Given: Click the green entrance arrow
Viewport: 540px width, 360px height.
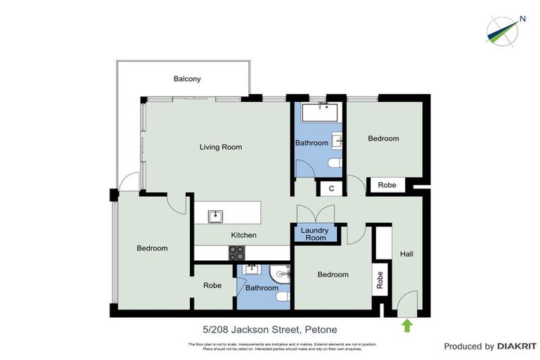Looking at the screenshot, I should click(406, 325).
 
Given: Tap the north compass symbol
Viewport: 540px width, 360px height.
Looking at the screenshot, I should click(503, 29).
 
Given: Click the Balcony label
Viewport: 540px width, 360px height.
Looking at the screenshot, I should click(187, 79).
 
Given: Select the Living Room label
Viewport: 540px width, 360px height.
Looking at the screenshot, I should click(221, 147).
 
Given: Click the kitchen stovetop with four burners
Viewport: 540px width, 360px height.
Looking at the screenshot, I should click(236, 253).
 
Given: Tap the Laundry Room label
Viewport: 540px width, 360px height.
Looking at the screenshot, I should click(314, 234).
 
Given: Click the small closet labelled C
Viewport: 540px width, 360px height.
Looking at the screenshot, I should click(330, 188).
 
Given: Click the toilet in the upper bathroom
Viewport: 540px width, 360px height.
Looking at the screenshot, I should click(335, 164).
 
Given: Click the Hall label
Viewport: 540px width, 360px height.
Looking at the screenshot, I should click(407, 254).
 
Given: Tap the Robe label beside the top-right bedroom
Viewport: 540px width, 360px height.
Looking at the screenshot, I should click(387, 185).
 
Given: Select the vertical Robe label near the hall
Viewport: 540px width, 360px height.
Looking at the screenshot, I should click(380, 281).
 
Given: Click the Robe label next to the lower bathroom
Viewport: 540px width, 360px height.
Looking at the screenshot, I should click(212, 285).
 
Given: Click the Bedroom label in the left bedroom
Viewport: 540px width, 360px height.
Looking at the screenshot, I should click(152, 248).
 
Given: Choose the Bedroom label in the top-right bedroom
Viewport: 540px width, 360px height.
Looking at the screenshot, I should click(383, 139).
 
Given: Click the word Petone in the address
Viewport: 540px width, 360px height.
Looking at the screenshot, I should click(320, 330).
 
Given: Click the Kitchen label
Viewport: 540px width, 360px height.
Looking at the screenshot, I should click(243, 235).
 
